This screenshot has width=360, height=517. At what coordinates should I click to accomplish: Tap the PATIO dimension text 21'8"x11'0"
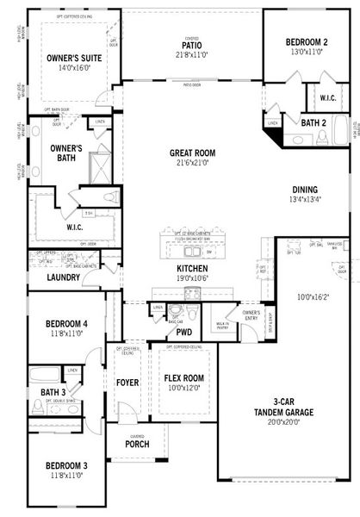click(x=191, y=54)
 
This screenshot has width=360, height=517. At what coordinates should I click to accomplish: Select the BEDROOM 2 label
click(x=307, y=41)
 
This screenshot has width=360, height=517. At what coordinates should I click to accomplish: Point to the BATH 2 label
click(x=312, y=123)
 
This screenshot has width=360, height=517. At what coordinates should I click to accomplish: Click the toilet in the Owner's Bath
click(x=109, y=197)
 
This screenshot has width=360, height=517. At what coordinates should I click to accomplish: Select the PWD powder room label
click(x=183, y=331)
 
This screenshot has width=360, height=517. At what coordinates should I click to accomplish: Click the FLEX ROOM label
click(x=183, y=377)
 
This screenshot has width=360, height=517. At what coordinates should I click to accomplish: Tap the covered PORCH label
click(x=136, y=445)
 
